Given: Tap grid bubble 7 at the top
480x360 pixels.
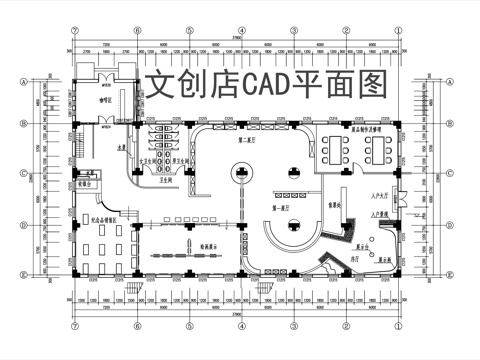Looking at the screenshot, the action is pyautogui.click(x=74, y=31).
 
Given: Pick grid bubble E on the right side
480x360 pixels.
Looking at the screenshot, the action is pyautogui.click(x=458, y=263).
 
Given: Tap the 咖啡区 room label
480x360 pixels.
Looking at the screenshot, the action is pyautogui.click(x=103, y=100).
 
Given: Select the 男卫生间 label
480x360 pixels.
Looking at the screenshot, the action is pyautogui.click(x=181, y=160).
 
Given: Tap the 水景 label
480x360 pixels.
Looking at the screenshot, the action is pyautogui.click(x=120, y=150).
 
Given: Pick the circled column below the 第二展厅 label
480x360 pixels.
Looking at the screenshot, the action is pyautogui.click(x=240, y=172).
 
